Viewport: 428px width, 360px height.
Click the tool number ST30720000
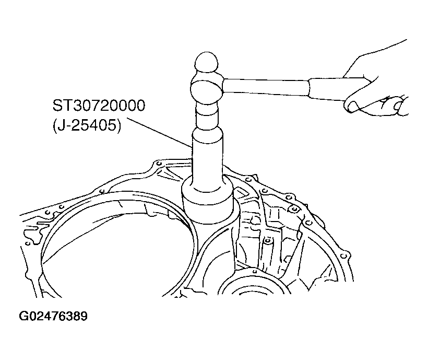point(99,106)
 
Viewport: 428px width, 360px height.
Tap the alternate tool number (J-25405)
point(87,126)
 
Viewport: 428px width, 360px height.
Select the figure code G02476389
point(53,316)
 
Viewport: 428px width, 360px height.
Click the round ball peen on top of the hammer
point(207,62)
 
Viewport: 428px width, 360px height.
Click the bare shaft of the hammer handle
point(266,87)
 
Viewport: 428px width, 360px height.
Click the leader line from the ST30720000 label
point(159,133)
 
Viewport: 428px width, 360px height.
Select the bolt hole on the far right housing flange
point(344,256)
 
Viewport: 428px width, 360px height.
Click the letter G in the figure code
point(23,316)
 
